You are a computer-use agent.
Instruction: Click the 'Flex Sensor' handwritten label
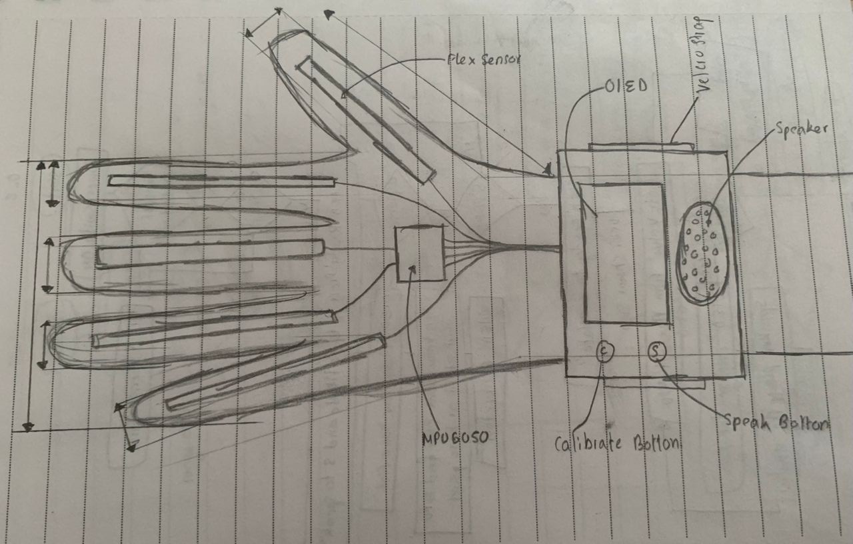pyautogui.click(x=484, y=59)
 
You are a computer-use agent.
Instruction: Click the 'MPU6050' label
pyautogui.click(x=456, y=437)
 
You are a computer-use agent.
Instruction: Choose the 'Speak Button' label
pyautogui.click(x=776, y=423)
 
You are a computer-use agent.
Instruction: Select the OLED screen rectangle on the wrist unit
pyautogui.click(x=625, y=253)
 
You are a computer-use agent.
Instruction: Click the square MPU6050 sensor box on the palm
pyautogui.click(x=420, y=253)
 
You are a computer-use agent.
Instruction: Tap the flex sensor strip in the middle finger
pyautogui.click(x=210, y=253)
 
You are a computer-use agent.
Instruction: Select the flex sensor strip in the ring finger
pyautogui.click(x=213, y=330)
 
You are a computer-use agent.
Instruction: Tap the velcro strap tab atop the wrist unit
pyautogui.click(x=640, y=146)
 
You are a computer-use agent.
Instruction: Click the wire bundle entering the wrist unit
pyautogui.click(x=526, y=249)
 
